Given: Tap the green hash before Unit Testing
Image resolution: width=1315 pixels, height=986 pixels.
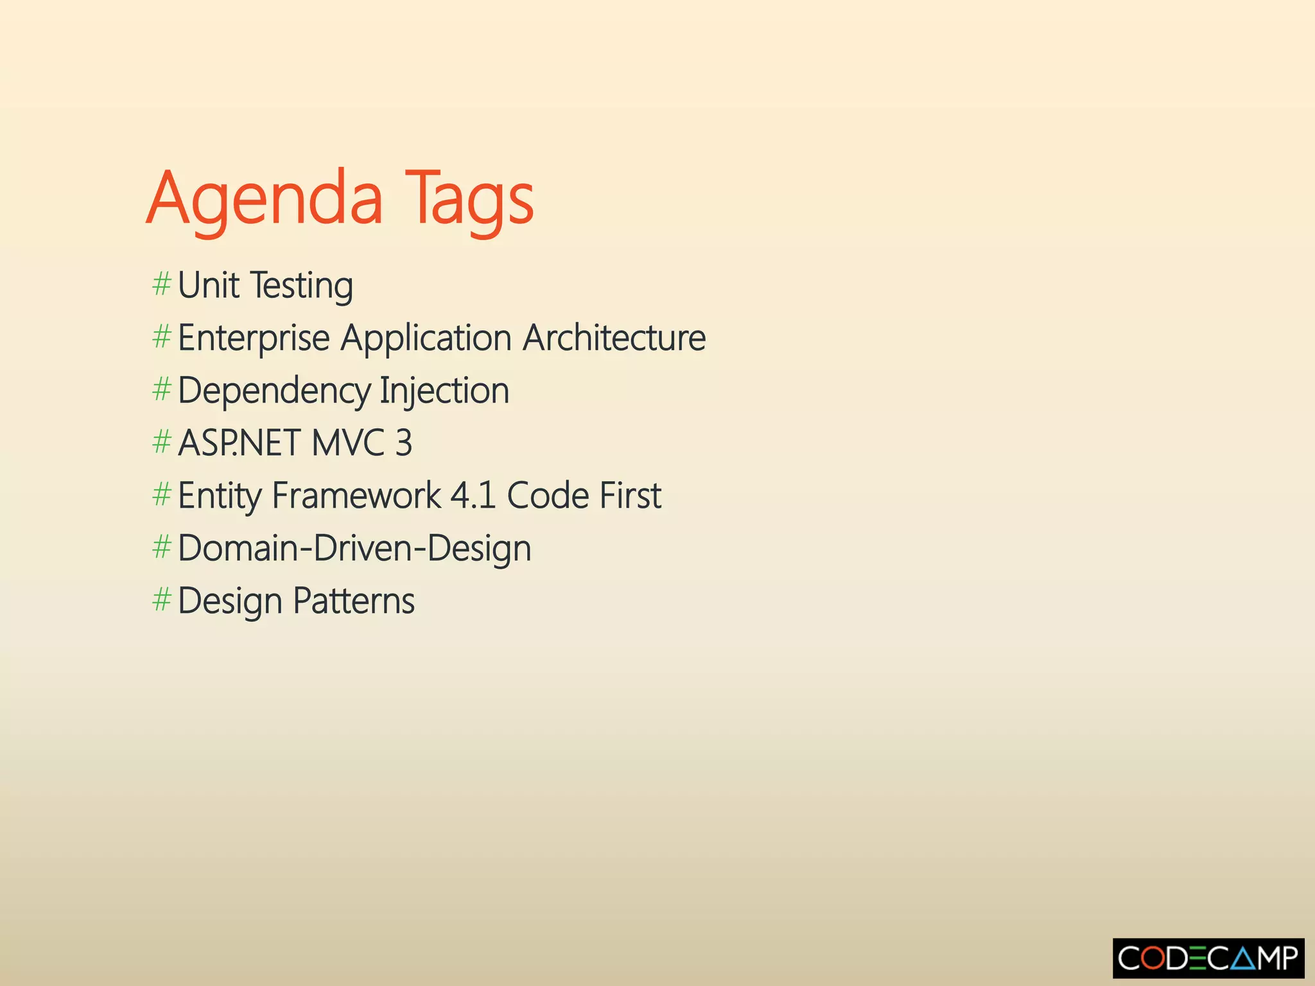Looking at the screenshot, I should [x=161, y=284].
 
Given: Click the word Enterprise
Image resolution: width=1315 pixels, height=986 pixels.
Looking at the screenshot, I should [x=254, y=339].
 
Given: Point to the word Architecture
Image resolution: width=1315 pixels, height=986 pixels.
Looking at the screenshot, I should [x=614, y=338].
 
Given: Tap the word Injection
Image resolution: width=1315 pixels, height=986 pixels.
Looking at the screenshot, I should [x=444, y=392].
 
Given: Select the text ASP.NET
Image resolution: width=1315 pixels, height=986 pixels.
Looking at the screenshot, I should [x=239, y=443].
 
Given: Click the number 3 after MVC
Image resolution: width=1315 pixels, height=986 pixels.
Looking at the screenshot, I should [x=403, y=443].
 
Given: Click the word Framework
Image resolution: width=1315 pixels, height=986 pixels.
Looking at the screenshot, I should [x=356, y=496].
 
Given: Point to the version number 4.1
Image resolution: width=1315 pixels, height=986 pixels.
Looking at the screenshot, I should [x=473, y=496].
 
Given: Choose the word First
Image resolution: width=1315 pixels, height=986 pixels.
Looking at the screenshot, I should [x=629, y=496].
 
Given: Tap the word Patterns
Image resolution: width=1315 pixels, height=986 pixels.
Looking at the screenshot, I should [x=354, y=601].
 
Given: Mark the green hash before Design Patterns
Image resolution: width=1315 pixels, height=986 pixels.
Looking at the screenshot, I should [x=161, y=600].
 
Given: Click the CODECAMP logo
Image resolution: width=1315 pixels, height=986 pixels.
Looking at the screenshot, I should [x=1208, y=958].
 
